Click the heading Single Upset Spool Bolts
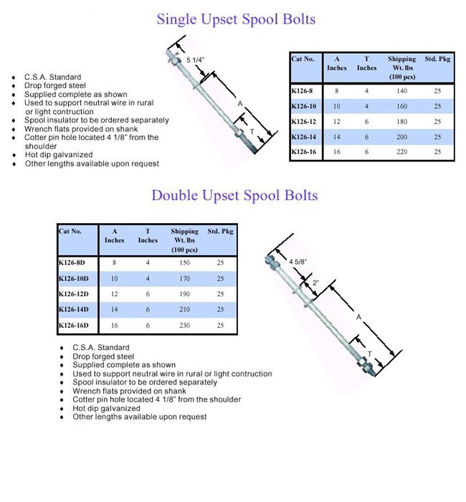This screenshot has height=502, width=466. click(x=236, y=19)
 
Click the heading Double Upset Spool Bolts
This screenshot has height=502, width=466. click(x=234, y=195)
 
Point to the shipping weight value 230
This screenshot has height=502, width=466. click(x=184, y=325)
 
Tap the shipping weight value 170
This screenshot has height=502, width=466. click(x=184, y=278)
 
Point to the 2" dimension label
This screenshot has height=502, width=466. click(x=316, y=284)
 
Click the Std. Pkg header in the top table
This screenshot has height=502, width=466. click(x=437, y=60)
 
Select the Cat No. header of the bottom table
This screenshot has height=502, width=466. click(x=70, y=232)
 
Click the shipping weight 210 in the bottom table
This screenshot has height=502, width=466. click(x=184, y=309)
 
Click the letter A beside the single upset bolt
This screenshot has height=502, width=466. click(x=240, y=104)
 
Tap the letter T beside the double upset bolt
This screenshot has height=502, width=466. click(x=369, y=354)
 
